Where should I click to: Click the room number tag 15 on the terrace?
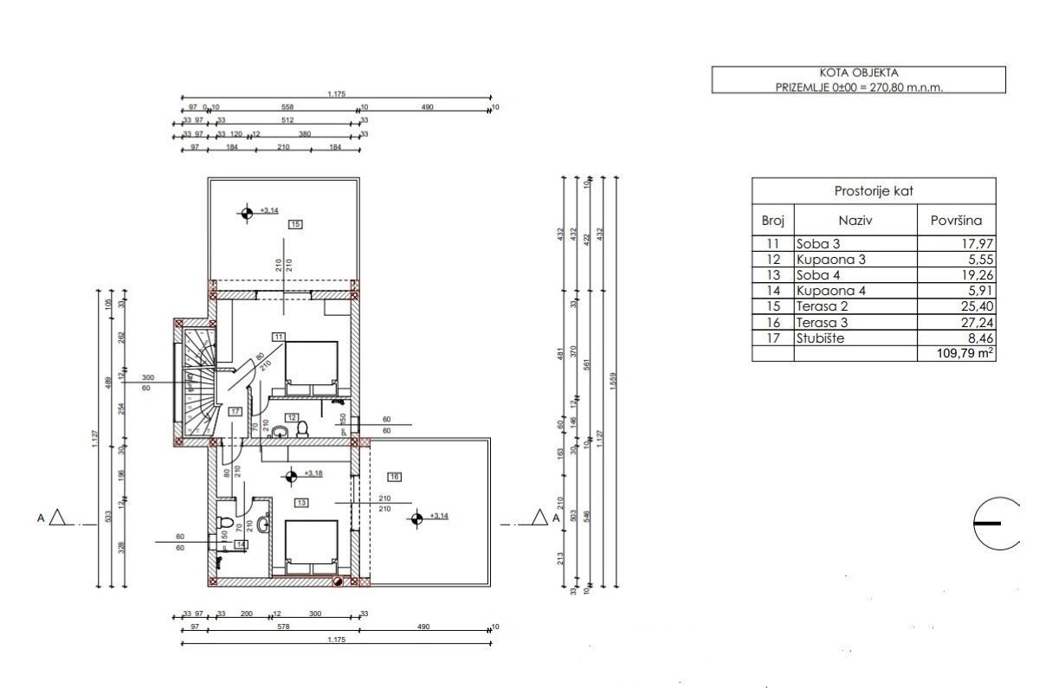(x=295, y=224)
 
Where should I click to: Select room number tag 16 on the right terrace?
(x=394, y=476)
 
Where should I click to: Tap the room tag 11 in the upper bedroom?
(x=278, y=336)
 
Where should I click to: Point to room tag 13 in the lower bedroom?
(x=301, y=502)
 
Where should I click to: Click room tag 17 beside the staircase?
(x=235, y=412)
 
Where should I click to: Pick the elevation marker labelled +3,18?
(x=292, y=474)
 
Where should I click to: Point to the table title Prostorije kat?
(x=874, y=190)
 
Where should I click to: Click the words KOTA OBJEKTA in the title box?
(x=858, y=74)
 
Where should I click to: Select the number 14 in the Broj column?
(x=772, y=291)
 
